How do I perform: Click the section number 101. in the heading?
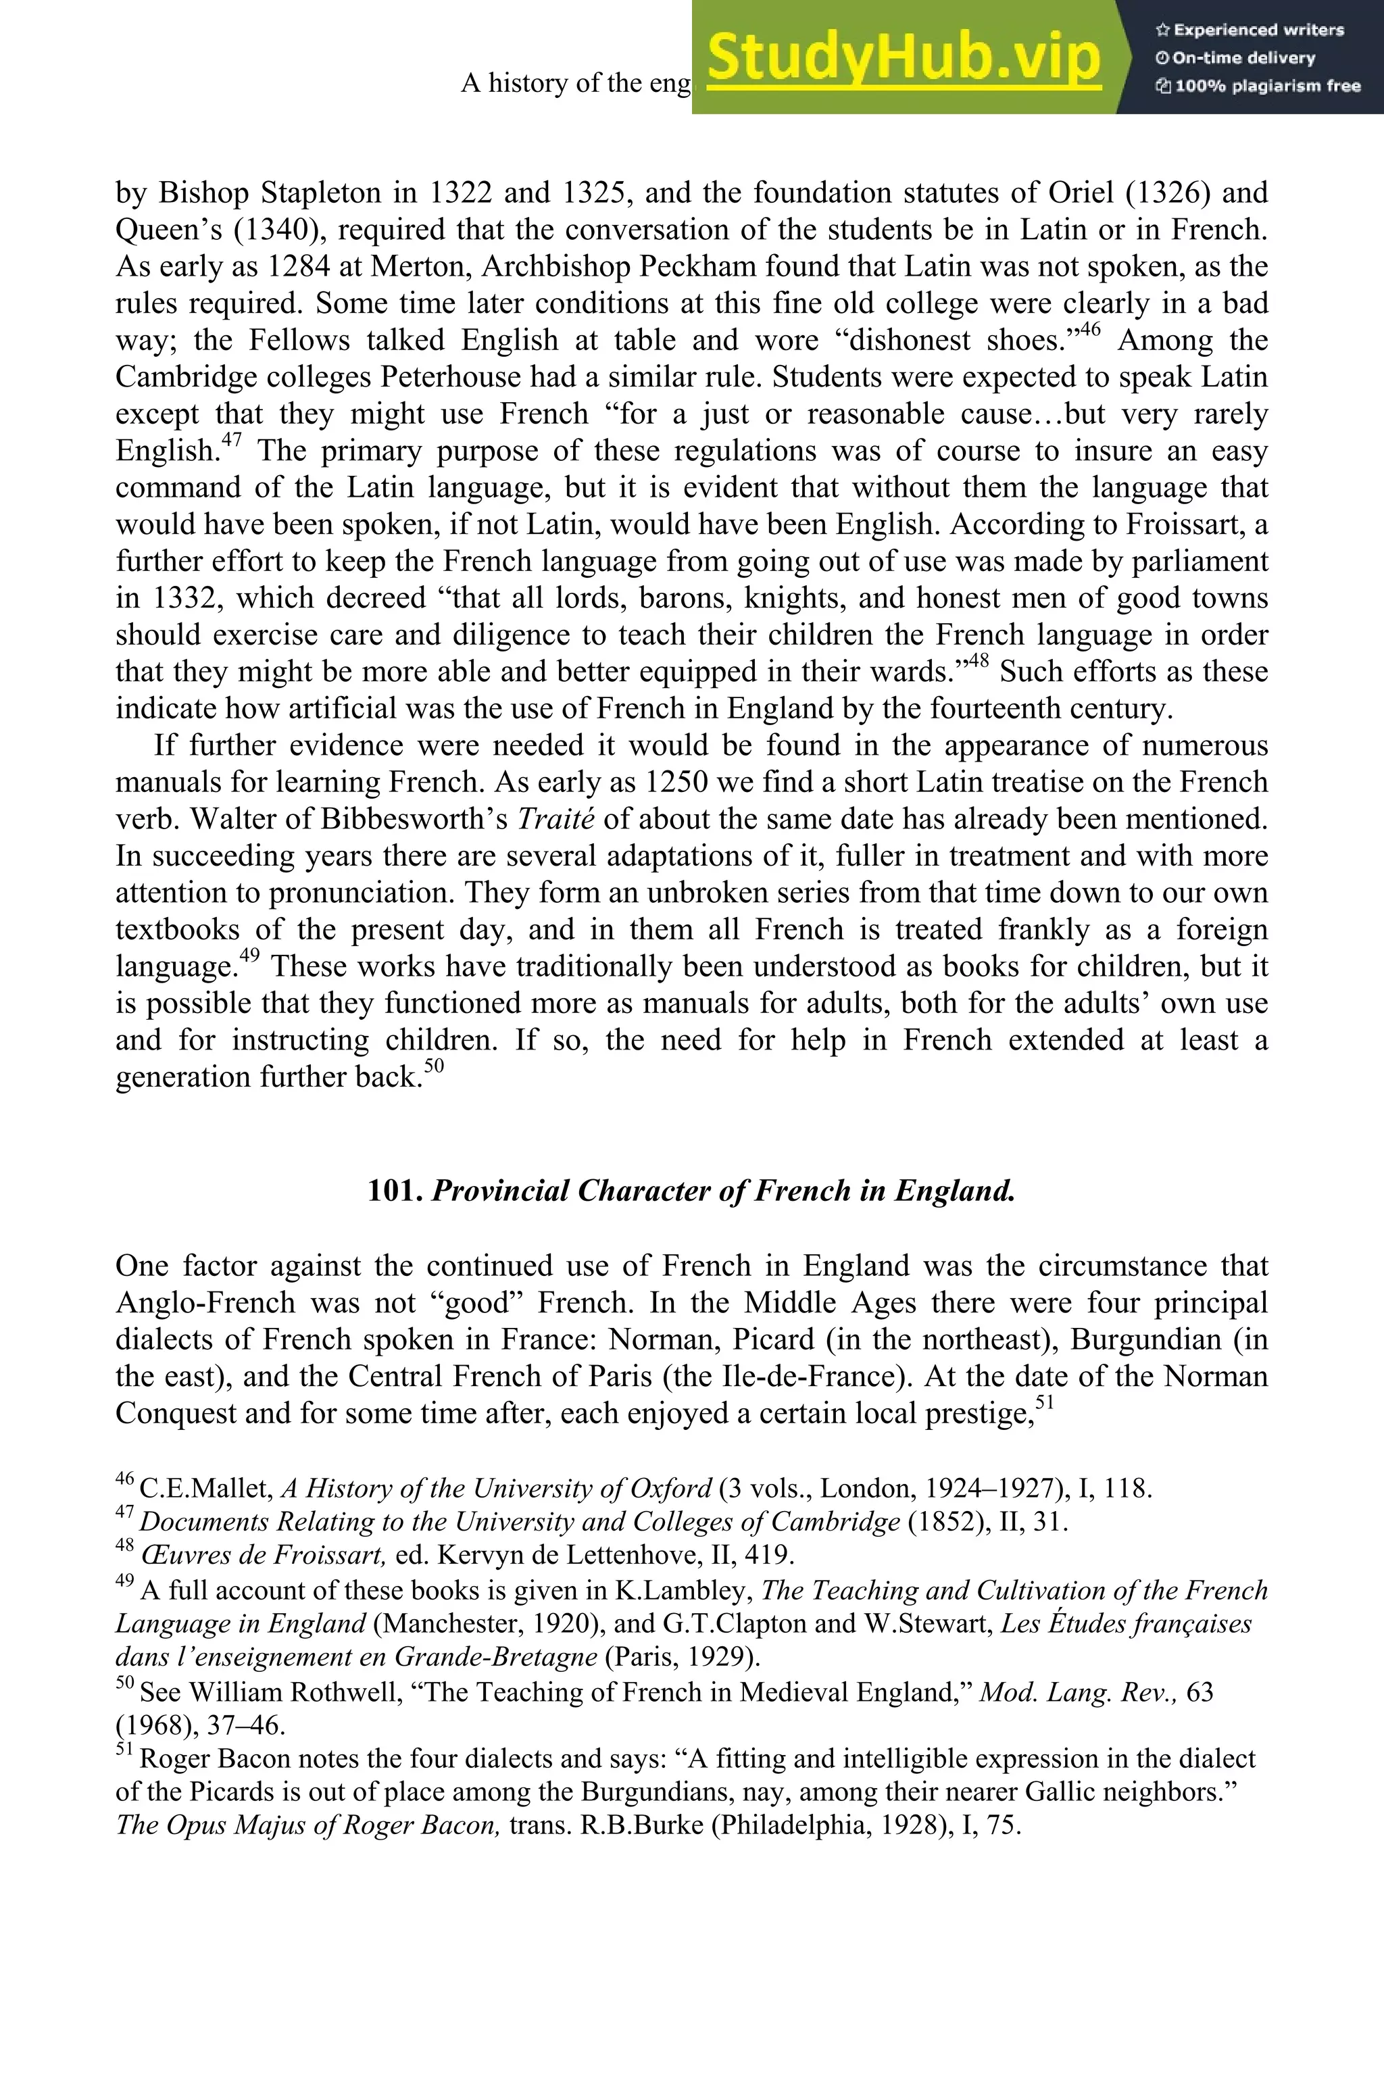tap(395, 1191)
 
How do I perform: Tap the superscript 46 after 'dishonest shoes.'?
tap(1090, 330)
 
